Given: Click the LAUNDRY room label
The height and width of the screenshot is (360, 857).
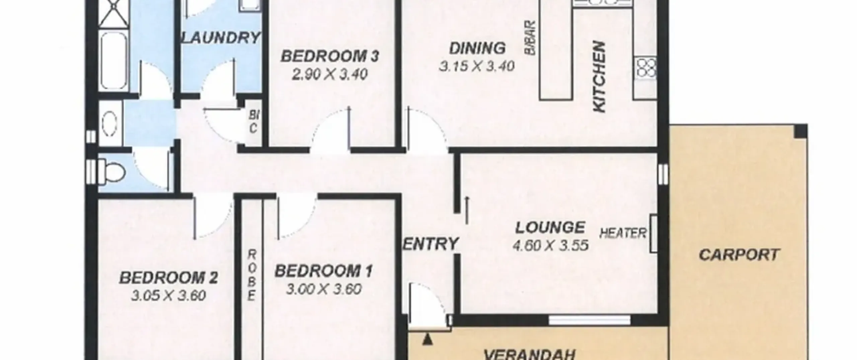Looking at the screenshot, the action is [221, 38].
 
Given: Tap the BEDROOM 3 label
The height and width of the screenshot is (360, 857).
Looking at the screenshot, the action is [330, 56].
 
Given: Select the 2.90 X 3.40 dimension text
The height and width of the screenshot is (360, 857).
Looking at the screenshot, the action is [330, 74].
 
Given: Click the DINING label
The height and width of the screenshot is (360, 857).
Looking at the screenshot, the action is [477, 49].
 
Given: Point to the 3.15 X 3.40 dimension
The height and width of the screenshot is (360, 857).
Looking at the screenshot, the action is [477, 66].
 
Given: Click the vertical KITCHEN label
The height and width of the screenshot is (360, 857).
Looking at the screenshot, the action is [599, 81].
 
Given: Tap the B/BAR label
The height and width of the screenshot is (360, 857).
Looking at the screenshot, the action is [530, 38].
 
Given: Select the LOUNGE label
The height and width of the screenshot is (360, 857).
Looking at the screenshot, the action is [550, 228].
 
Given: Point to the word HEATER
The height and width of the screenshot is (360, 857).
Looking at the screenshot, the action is [623, 233].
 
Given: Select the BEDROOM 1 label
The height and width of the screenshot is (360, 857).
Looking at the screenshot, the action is [323, 271].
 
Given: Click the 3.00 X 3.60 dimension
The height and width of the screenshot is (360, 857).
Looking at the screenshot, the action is [324, 289].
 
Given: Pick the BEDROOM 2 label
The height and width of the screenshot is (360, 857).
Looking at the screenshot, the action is [169, 278].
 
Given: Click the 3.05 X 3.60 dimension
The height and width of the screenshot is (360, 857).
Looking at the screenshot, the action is [168, 296].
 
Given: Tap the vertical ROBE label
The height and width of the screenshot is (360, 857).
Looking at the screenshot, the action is [252, 276].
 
